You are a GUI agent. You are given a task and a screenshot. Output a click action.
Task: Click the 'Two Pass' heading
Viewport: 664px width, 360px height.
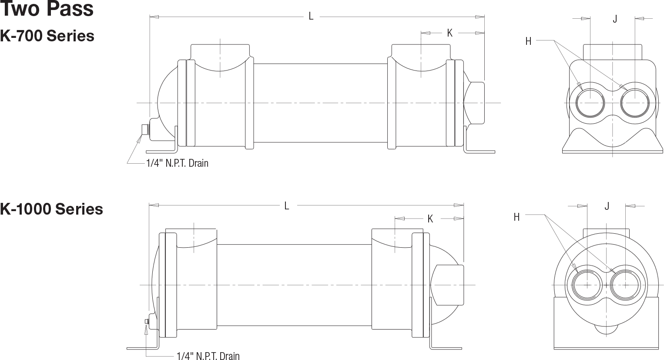click(x=47, y=8)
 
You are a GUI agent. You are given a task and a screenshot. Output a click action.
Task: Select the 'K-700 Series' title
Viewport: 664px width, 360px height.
click(x=47, y=36)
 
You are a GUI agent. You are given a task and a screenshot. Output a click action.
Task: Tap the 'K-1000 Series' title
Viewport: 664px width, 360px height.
click(x=52, y=209)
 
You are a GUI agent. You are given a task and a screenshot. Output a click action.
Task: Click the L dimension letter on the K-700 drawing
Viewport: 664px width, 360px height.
click(x=311, y=16)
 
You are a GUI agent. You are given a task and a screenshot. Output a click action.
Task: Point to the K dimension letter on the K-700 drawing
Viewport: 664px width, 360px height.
click(x=449, y=33)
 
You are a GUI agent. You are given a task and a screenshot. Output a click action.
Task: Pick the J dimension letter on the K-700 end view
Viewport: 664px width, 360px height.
click(x=615, y=19)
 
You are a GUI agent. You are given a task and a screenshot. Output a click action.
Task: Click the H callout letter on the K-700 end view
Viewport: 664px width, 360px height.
click(x=528, y=41)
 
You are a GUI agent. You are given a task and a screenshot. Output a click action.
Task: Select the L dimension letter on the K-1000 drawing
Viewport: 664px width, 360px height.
click(x=286, y=205)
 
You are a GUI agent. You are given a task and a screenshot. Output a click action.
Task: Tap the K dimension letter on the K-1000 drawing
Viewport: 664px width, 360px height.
click(x=430, y=219)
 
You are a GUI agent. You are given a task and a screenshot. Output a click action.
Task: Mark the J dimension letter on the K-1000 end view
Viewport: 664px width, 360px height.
click(x=607, y=206)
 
